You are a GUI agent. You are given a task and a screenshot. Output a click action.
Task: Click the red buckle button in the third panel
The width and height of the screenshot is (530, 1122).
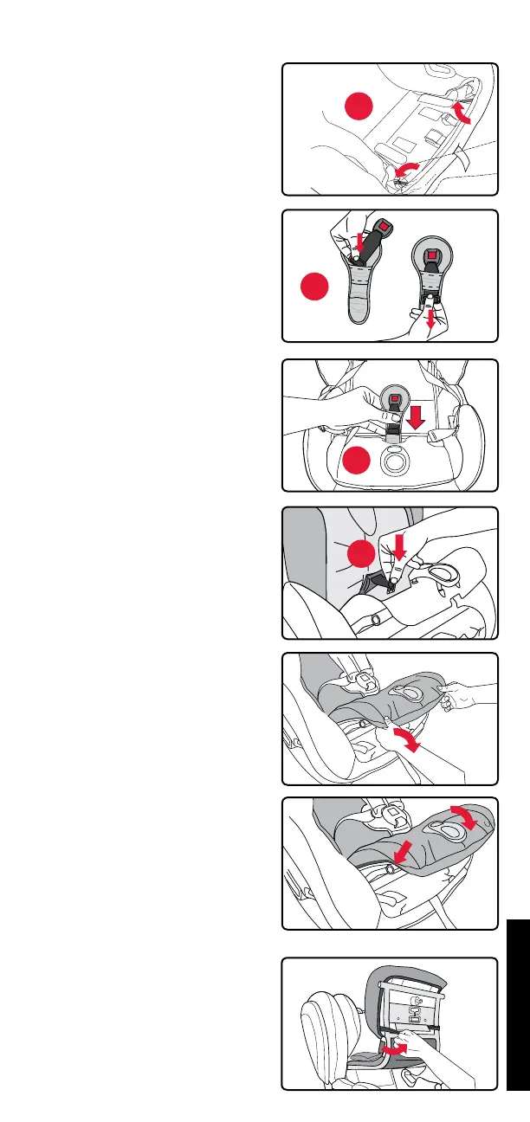(394, 400)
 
